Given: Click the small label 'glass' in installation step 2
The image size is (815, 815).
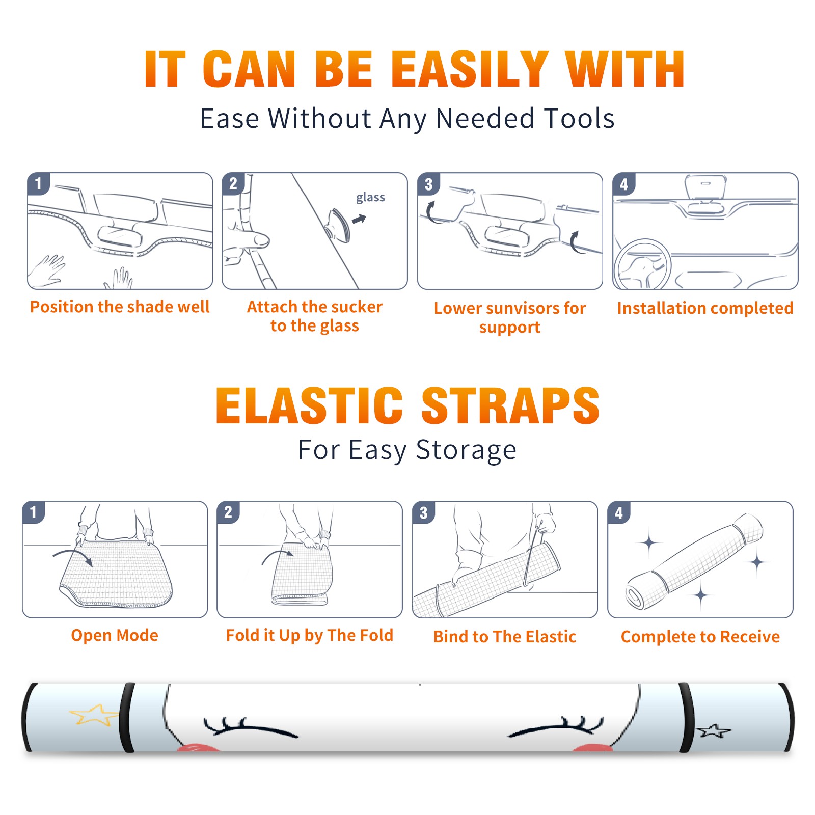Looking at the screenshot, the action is (370, 197).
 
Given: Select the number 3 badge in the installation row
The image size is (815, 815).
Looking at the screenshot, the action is (428, 184).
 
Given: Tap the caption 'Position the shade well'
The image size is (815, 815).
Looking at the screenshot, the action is (120, 307).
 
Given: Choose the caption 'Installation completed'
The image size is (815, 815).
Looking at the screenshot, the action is (705, 308).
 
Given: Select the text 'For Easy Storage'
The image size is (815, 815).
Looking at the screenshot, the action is (407, 450).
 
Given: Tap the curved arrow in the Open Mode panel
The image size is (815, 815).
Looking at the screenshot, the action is (73, 555).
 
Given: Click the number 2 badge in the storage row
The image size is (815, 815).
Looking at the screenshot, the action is (228, 512).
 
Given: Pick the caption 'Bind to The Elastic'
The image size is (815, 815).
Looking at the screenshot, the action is (505, 637).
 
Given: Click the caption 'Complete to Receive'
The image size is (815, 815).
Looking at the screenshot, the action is (700, 637).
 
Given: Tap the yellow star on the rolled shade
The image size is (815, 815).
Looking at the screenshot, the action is (95, 715).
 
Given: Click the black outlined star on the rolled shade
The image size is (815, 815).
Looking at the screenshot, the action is (714, 731).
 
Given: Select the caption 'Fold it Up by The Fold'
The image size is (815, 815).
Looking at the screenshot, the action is (310, 635).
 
